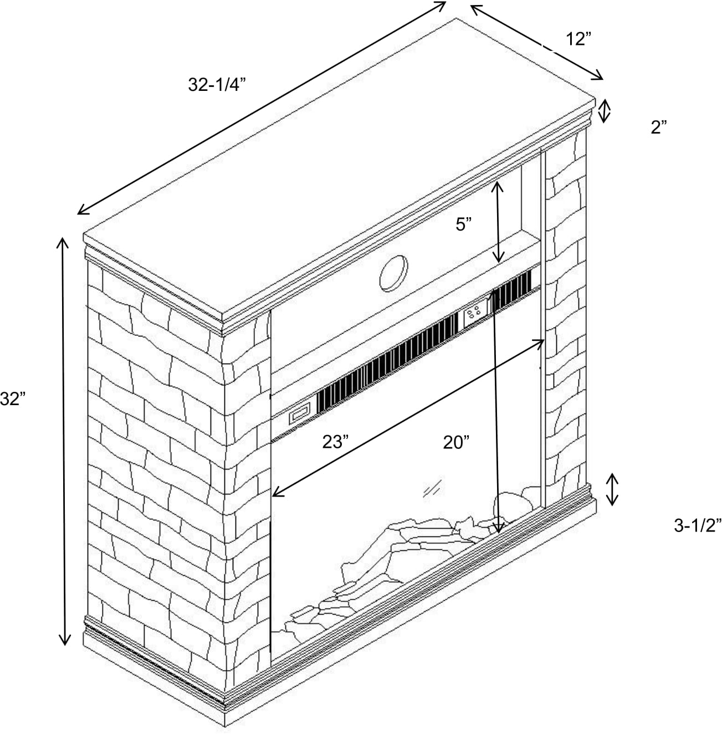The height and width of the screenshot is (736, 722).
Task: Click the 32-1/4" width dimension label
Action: tap(217, 84)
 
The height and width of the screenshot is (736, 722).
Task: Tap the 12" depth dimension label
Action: tap(578, 39)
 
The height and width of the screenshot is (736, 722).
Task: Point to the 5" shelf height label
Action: tap(464, 225)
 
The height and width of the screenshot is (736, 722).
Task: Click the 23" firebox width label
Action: tap(336, 442)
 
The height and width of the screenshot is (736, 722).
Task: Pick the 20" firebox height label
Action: tap(456, 442)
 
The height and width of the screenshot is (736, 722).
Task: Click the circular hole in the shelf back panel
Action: tap(394, 274)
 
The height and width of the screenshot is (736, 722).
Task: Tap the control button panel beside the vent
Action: tap(475, 314)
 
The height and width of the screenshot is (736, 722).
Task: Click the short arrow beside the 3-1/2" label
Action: tap(612, 489)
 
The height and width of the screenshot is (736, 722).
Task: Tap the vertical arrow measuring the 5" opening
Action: tap(499, 222)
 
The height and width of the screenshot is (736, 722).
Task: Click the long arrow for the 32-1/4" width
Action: tap(262, 108)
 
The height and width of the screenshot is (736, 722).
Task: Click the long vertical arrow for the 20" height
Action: tap(496, 410)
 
